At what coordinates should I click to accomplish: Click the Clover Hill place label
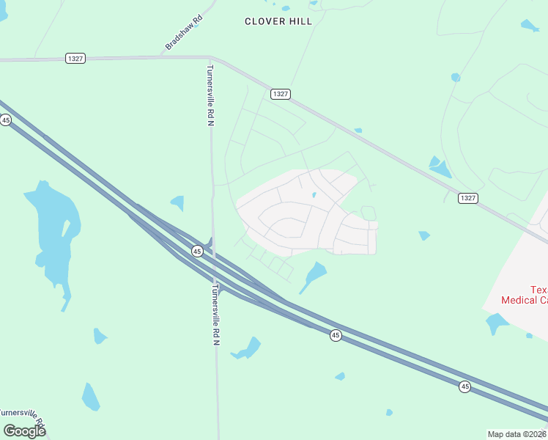[x=278, y=21]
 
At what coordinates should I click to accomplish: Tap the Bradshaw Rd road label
[x=182, y=34]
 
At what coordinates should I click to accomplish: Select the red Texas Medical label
[x=523, y=295]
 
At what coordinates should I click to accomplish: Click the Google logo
[x=24, y=430]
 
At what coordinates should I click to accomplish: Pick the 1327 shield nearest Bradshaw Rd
[x=75, y=58]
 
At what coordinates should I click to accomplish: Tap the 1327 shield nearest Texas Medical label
[x=468, y=198]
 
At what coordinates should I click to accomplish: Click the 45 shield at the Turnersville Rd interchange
[x=197, y=251]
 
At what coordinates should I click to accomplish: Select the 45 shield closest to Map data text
[x=464, y=386]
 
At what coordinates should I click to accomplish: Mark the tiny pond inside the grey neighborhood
[x=314, y=195]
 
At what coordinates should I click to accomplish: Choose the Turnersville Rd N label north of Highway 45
[x=210, y=95]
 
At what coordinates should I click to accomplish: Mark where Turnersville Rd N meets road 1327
[x=210, y=58]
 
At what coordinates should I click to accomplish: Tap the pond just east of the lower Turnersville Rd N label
[x=248, y=349]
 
